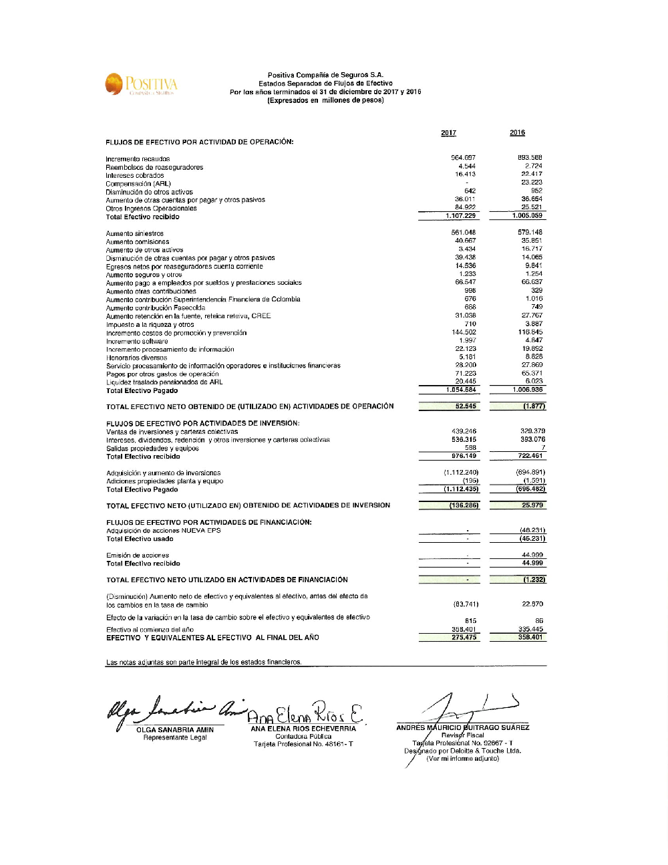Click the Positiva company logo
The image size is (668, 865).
tap(141, 85)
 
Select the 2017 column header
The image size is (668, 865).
tap(448, 133)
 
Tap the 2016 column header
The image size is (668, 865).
tap(517, 133)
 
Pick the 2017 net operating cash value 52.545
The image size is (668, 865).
tap(466, 406)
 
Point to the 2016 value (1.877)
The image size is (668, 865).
tap(534, 406)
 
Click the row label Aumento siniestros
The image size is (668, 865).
tap(134, 234)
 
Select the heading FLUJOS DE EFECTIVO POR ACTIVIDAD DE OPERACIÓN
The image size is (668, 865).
tap(199, 142)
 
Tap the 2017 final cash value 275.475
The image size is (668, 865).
tap(464, 638)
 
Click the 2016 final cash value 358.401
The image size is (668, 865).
tap(530, 638)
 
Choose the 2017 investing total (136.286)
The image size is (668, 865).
tap(464, 505)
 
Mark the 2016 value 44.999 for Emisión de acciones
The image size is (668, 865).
tap(532, 555)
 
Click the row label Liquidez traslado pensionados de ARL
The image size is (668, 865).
tap(164, 382)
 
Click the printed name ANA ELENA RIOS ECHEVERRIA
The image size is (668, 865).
tap(303, 729)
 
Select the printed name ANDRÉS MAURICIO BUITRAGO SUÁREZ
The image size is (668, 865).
tap(462, 727)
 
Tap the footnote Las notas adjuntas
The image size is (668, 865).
tap(204, 662)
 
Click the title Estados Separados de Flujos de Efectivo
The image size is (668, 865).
tap(325, 84)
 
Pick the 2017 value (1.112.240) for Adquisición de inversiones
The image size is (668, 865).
tap(461, 473)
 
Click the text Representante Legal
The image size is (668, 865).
tap(175, 737)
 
